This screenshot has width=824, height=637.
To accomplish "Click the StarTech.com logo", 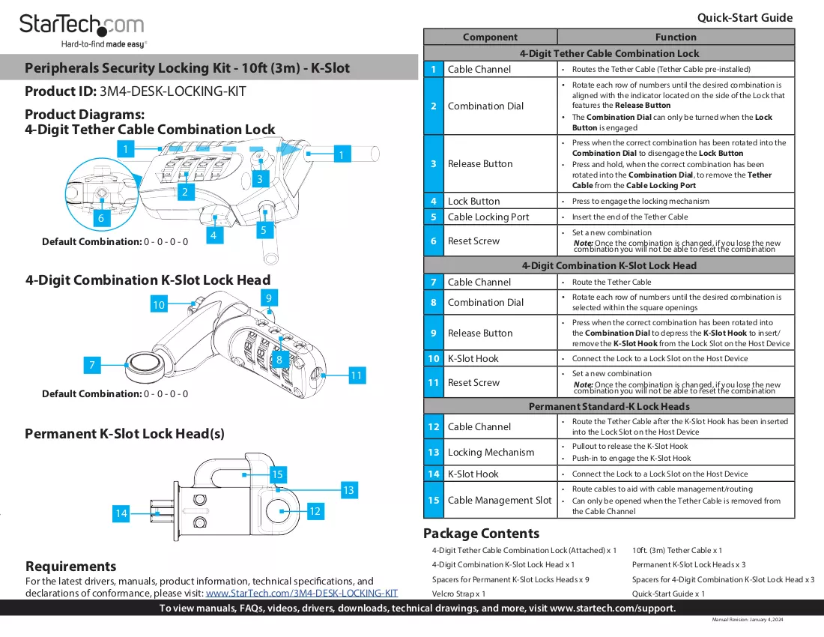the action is pos(82,31).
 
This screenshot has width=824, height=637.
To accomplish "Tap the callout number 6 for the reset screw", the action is pos(101,218).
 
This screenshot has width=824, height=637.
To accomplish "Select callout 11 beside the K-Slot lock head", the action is pos(357,375).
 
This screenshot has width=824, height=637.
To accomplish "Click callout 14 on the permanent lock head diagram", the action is pos(121,513).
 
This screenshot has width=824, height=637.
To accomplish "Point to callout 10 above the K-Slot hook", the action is pos(159,304).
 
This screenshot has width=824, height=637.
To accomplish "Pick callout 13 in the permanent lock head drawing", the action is pos(348,490).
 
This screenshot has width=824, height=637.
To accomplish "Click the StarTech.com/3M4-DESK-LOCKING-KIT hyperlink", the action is pos(302,594).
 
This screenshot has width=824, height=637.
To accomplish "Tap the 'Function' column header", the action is pos(676,37).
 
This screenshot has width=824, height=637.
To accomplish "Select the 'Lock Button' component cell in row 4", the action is pos(500,201).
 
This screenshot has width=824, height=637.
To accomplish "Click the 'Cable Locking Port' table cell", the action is pos(500,217).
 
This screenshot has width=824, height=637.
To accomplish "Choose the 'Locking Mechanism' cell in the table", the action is pos(500,452).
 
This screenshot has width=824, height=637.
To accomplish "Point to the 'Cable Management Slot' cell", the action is pos(500,501).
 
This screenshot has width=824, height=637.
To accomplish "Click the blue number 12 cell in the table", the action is pos(434,426).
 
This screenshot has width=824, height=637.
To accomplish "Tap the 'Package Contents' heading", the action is pos(482,534).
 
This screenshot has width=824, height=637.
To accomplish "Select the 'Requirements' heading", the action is pos(71,566).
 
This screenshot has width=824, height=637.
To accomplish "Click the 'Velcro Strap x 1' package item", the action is pos(458,594).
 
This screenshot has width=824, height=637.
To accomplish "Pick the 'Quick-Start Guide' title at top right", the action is pos(745,18).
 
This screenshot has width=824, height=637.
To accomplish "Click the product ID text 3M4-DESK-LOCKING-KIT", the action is pos(173,91).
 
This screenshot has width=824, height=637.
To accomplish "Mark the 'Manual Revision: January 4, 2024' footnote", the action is pos(748,620).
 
